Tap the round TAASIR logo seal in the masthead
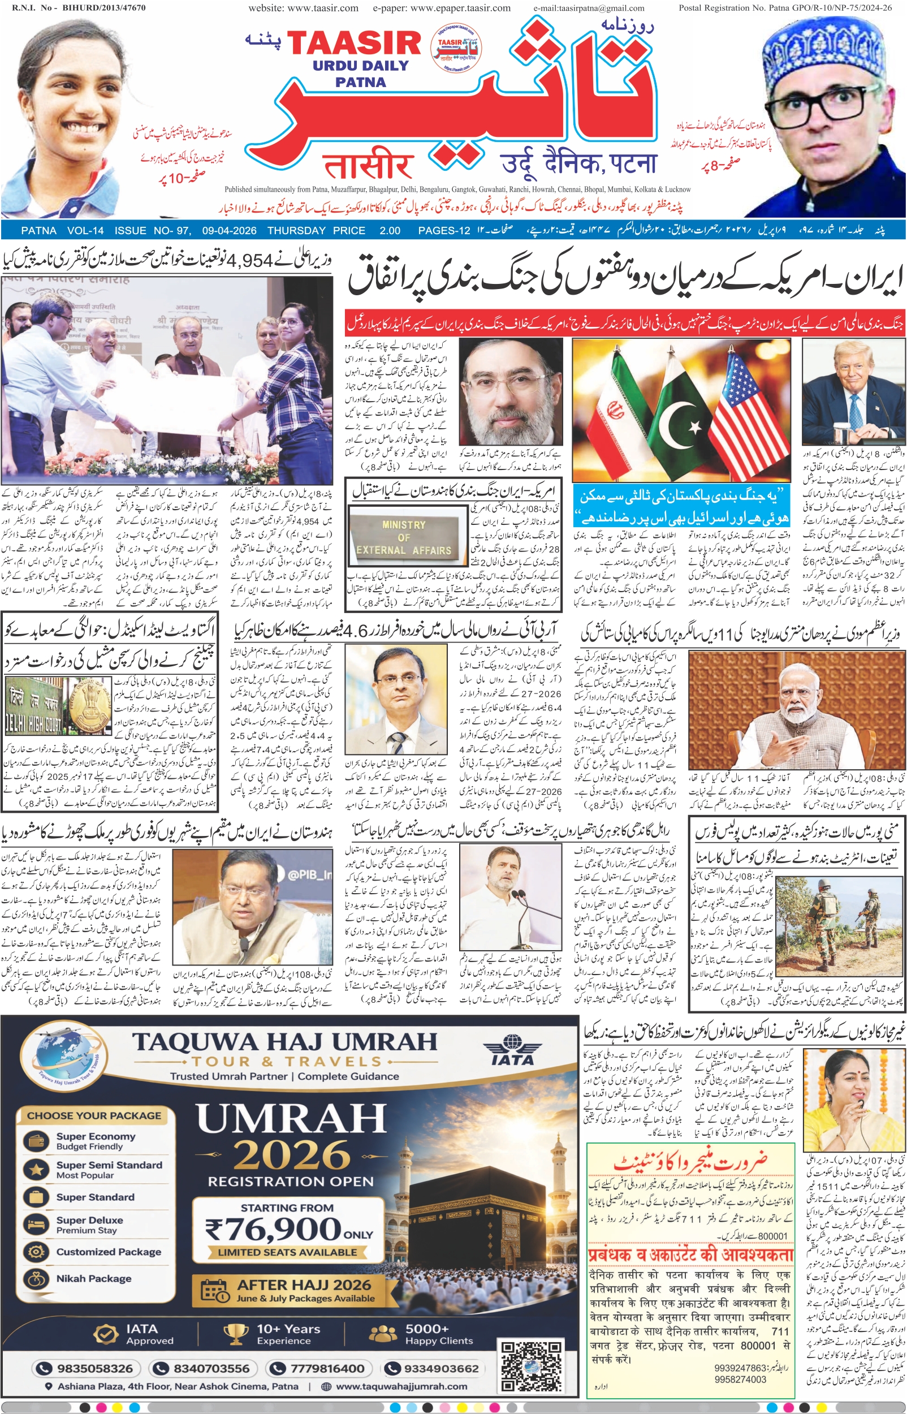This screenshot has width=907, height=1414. [x=456, y=48]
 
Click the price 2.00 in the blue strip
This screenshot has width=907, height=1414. [x=390, y=230]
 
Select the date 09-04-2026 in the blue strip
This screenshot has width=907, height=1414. [x=229, y=230]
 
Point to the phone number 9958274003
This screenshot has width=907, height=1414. [x=740, y=1379]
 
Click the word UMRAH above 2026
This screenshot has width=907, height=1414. [x=292, y=1119]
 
